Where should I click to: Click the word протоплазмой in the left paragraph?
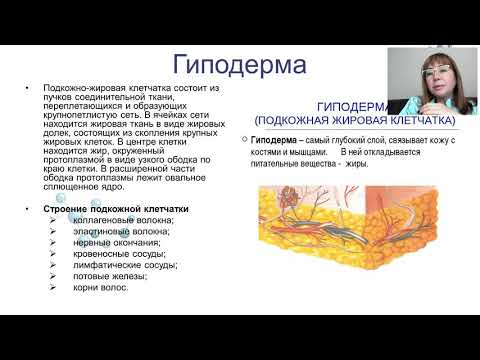pos(73,158)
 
